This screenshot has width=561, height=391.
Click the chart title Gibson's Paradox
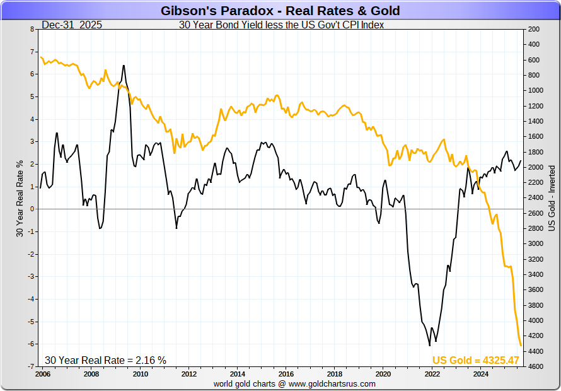(x=280, y=11)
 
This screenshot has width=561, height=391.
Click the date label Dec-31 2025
(x=72, y=25)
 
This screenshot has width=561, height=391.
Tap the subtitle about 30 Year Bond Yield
(x=281, y=25)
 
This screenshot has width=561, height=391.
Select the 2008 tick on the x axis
(x=91, y=374)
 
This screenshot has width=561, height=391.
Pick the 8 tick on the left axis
(x=33, y=29)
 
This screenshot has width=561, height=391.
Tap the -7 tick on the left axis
(x=32, y=366)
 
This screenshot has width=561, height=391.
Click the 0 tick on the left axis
(x=33, y=209)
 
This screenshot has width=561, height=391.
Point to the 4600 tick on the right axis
(x=536, y=366)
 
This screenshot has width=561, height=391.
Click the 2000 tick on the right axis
(x=536, y=167)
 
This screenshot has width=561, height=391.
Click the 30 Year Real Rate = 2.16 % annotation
(x=105, y=360)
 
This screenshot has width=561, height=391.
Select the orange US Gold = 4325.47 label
(x=475, y=360)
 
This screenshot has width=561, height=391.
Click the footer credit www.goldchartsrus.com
(x=294, y=383)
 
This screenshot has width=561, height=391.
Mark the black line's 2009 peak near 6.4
(x=123, y=65)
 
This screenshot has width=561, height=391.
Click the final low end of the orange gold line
(x=521, y=345)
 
